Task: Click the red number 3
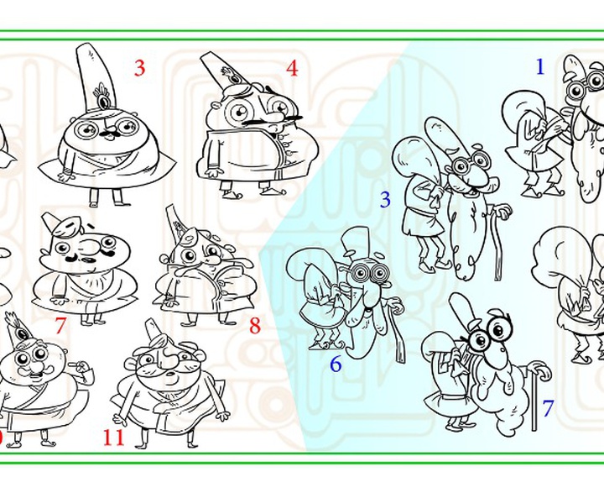[140, 68]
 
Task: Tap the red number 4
[292, 68]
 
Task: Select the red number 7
[60, 325]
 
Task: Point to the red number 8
[255, 326]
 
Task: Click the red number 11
[113, 438]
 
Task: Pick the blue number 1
[540, 66]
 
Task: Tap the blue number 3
[385, 200]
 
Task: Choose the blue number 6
[336, 364]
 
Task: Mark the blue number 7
[548, 408]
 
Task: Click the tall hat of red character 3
[96, 77]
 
